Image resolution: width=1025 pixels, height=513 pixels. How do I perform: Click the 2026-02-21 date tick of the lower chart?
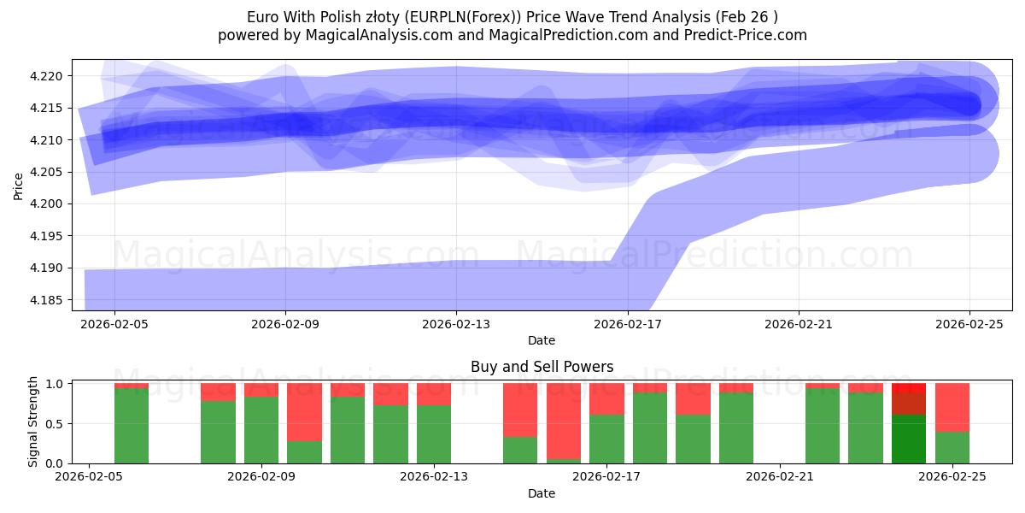(780, 476)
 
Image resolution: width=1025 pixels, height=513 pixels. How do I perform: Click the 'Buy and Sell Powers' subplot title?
(542, 367)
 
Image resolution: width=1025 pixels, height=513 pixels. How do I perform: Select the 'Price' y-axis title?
(19, 186)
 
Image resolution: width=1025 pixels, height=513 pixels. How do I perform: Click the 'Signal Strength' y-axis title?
(32, 422)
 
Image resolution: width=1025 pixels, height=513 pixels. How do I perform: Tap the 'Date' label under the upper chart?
(542, 340)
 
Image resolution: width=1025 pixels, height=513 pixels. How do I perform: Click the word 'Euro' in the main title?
(262, 16)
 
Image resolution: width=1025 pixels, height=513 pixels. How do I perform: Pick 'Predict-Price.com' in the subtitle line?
(748, 35)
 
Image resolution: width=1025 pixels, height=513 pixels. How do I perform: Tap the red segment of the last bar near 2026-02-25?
(952, 407)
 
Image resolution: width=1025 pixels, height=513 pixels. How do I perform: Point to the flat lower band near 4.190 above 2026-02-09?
(285, 283)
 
